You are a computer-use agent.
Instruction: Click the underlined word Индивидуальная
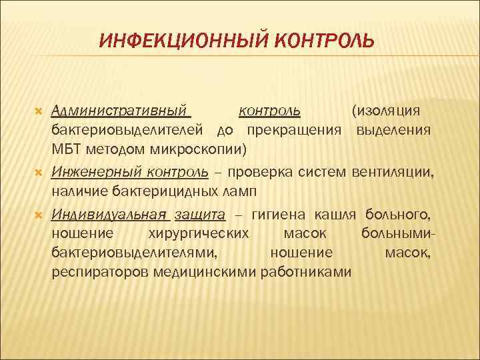click(109, 215)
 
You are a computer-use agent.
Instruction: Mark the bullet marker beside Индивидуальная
click(38, 215)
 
